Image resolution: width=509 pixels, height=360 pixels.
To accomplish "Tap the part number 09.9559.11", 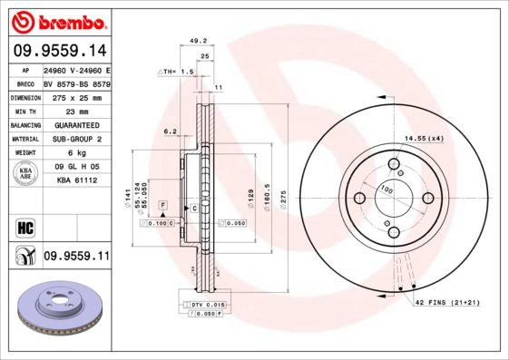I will pos(76,257).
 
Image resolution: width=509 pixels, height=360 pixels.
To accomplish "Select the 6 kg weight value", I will pos(75,153).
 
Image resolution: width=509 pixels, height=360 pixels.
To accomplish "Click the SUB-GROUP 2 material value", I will pos(76,139).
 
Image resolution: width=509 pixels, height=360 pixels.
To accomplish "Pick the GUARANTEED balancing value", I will pos(76,124).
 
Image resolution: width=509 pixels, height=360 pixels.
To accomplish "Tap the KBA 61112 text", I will pos(76,181).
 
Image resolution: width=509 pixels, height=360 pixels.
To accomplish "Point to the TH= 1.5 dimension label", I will pos(177,71).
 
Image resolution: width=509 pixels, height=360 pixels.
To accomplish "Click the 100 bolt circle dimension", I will pos(386,190).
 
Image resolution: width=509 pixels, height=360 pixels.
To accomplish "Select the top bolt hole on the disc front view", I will pos(394,164).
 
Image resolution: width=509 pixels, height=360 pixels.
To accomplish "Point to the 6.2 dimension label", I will pos(169,131).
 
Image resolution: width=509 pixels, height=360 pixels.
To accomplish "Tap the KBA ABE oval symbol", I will pos(25,174).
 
